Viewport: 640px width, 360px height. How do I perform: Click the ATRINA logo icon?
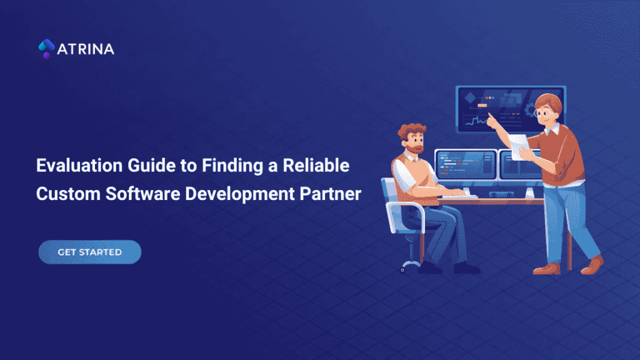[46, 49]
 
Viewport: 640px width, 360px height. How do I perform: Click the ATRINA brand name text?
[86, 49]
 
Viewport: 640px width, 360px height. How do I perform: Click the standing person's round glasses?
[545, 114]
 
